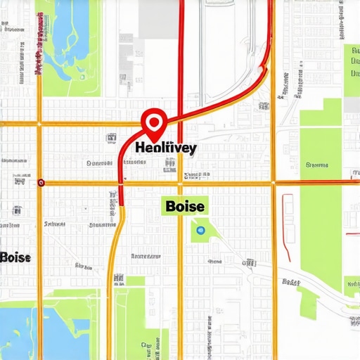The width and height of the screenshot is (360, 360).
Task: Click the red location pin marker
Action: [x=153, y=122]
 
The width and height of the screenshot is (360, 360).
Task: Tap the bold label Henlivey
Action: [x=165, y=148]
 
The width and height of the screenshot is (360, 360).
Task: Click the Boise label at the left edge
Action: [x=15, y=257]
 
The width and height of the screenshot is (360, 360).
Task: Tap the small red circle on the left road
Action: [x=41, y=183]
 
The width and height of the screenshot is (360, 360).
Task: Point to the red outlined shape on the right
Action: [x=288, y=218]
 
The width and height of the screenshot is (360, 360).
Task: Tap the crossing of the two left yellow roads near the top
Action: [x=40, y=124]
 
